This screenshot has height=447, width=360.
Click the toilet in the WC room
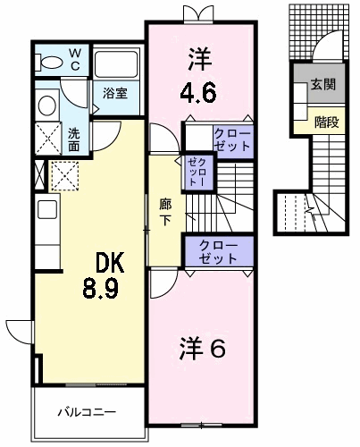pos(48,62)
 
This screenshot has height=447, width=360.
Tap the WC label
pos(75,60)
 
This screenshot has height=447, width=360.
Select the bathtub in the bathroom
pos(116,64)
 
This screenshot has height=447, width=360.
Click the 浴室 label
pos(115,93)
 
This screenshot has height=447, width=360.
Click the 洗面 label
pos(73,139)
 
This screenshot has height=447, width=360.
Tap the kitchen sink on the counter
pos(47,209)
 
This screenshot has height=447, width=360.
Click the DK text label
pos(109,262)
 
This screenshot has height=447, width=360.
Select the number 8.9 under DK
pos(101,289)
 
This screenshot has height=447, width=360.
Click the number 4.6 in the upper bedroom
pos(198,93)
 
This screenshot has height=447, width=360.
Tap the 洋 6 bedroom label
pos(203,348)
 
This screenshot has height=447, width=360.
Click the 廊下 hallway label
pos(165,212)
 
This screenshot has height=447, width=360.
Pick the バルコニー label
pos(87,412)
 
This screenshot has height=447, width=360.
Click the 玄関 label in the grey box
pos(323,84)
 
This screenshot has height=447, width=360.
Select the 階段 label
pos(327,122)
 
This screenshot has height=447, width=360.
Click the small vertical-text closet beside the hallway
pos(197,173)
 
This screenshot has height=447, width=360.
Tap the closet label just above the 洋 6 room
pos(219,252)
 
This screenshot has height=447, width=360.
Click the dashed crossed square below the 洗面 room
pos(64,176)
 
